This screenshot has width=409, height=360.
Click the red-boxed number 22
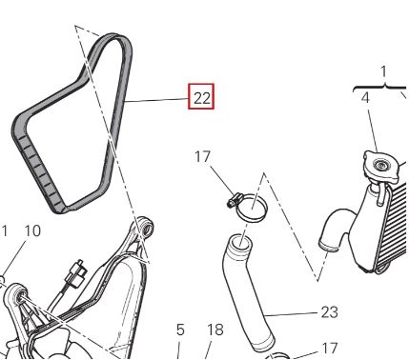point(201,96)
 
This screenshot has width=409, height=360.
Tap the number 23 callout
point(329,312)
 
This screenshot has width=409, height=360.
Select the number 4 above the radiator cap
point(366,98)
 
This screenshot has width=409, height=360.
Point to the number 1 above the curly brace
point(384,71)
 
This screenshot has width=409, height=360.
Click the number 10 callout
point(32,230)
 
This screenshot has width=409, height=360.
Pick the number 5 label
point(180,330)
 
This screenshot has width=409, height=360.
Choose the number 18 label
point(215,330)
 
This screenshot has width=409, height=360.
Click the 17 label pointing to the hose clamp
point(202,157)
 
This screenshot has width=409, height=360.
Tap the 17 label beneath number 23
point(329,349)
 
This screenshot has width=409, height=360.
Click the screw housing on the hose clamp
point(234,201)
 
